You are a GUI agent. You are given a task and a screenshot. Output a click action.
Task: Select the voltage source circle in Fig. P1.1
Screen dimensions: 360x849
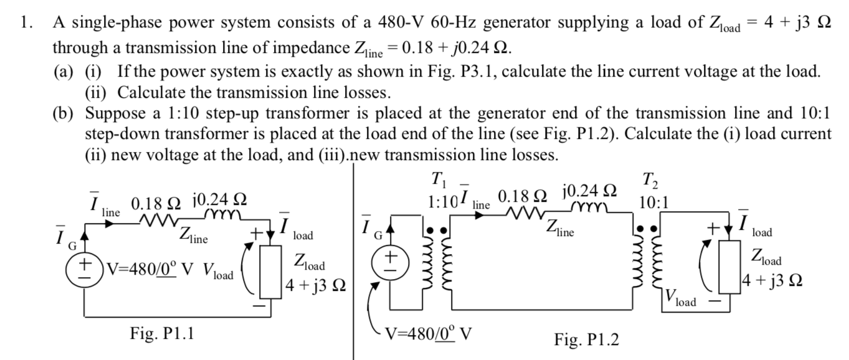pos(81,273)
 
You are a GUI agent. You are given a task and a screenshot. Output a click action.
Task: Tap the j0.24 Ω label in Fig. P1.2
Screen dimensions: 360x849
pos(589,190)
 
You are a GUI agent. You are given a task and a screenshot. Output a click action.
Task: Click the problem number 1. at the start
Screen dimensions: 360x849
pos(25,24)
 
